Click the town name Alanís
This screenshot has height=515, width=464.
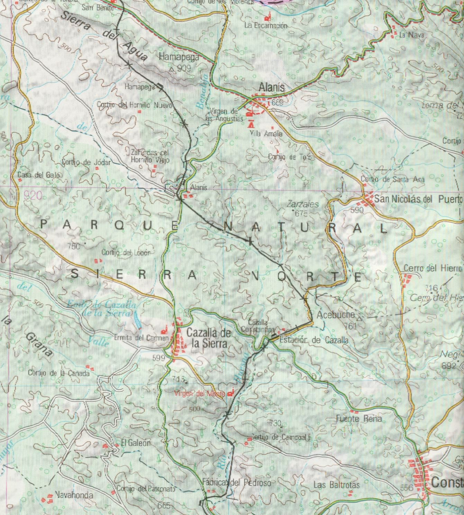[x=272, y=88]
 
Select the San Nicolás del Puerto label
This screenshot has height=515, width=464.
[x=418, y=199]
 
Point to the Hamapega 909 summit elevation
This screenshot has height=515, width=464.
[x=183, y=69]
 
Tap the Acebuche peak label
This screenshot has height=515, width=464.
[x=336, y=315]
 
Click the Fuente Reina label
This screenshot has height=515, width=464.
[x=359, y=419]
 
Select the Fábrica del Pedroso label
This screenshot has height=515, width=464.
[x=237, y=482]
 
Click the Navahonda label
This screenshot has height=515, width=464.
[x=74, y=495]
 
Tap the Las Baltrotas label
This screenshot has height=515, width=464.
[x=336, y=485]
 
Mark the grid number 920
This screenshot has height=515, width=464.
[x=33, y=196]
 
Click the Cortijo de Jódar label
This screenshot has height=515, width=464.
[x=87, y=162]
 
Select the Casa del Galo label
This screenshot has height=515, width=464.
[x=38, y=175]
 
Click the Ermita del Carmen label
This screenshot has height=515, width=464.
[x=141, y=338]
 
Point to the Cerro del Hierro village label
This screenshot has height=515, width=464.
[x=433, y=268]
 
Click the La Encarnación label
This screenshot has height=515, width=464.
[x=265, y=26]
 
